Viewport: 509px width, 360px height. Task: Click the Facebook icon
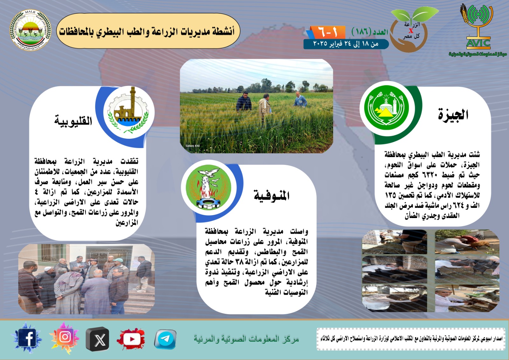27,338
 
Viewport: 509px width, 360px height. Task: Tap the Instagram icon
65,337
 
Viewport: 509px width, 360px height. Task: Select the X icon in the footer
98,339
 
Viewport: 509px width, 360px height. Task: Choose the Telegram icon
165,339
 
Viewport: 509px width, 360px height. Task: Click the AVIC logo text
478,43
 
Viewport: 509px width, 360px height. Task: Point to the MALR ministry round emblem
30,30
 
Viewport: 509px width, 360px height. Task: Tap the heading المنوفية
271,195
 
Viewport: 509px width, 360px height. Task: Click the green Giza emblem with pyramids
386,108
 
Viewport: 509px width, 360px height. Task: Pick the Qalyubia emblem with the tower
129,112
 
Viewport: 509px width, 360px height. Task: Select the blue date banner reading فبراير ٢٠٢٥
346,44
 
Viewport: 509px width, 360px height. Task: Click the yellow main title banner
148,31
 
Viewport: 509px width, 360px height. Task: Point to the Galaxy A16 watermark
193,146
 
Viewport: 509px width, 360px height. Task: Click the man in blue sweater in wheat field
300,100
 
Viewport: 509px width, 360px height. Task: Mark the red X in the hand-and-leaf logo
411,31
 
